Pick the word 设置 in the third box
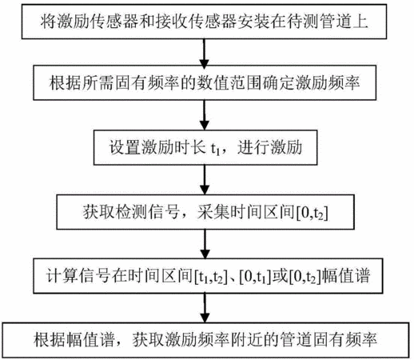[x=125, y=147]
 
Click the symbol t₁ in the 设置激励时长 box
[x=216, y=149]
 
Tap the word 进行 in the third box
[x=253, y=147]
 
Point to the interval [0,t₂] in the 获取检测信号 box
[x=312, y=214]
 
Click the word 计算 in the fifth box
[x=62, y=275]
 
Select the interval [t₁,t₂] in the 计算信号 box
[x=211, y=277]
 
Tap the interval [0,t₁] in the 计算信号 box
[x=255, y=277]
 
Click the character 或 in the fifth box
[x=280, y=275]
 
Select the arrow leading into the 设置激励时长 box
[x=205, y=115]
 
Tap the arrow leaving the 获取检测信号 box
[x=205, y=244]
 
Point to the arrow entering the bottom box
[x=205, y=308]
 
